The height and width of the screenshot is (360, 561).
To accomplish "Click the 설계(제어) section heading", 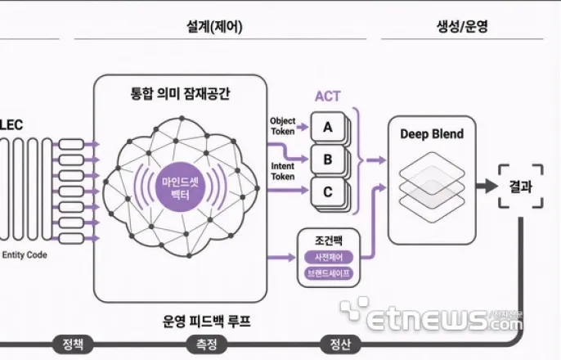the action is pos(209,25).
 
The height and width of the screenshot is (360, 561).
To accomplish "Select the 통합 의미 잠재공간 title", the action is pos(181,93).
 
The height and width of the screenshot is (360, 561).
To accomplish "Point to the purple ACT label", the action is pos(328,96).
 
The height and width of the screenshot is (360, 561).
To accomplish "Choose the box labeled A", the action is pos(327,127).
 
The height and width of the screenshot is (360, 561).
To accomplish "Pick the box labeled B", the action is pos(327,160).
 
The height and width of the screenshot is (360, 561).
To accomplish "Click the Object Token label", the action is pos(282,126).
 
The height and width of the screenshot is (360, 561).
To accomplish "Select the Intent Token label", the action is pos(282,171).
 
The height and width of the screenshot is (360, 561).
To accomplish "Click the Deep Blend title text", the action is pos(432,134).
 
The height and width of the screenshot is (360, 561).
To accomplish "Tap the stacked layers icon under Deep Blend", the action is pos(432,185).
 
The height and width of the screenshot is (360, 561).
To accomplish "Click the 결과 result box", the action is pos(520,186).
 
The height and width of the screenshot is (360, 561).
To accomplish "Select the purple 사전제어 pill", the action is pos(328,257).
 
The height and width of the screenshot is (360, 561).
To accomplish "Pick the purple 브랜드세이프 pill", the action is pos(328,273).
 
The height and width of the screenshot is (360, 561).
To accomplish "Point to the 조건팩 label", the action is pos(328,241).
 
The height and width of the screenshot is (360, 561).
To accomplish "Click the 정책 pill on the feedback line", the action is pos(73,344).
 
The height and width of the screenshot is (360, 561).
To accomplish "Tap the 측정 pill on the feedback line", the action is pos(207,344).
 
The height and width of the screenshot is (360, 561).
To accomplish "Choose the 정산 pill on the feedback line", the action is pos(340,344).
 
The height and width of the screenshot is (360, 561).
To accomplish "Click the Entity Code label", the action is pos(25,254).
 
